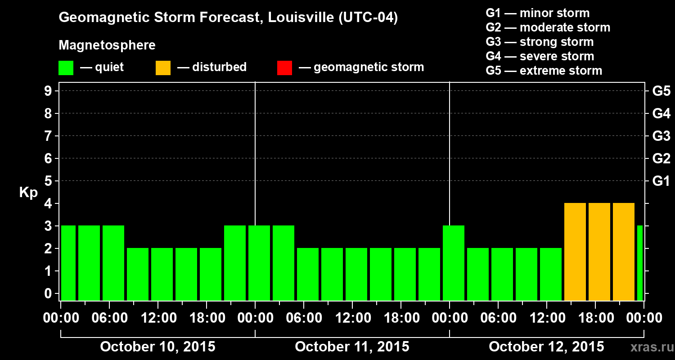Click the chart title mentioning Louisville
click(228, 18)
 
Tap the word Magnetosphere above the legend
click(107, 45)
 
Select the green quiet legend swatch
click(66, 67)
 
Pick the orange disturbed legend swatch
click(163, 67)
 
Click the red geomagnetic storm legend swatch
click(284, 67)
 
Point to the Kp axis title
click(28, 193)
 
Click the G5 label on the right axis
click(661, 91)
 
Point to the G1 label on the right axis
click(661, 181)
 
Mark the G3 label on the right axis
click(661, 136)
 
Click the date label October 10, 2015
click(157, 346)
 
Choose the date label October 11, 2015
click(352, 346)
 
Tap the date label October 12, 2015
click(546, 346)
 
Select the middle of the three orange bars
click(599, 252)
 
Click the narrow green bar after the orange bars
click(640, 263)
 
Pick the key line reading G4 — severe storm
click(540, 56)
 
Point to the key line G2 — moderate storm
click(548, 27)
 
